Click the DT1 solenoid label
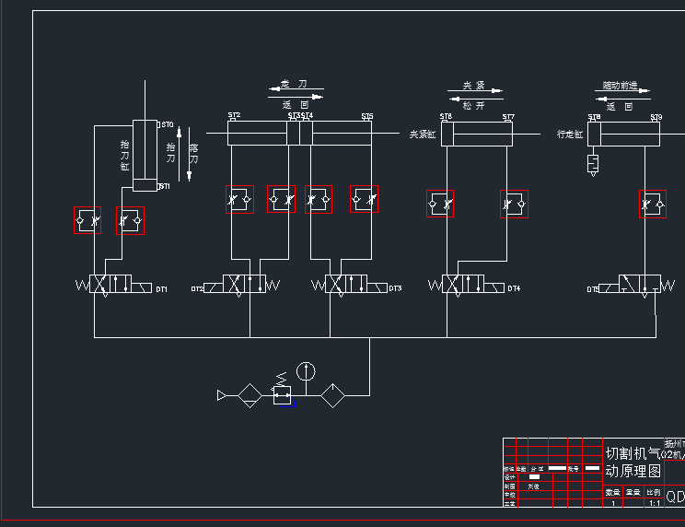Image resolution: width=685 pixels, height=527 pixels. coord(161,290)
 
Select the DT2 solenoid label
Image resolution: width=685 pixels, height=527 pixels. coord(197,289)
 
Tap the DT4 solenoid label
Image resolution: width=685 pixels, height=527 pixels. coord(514,289)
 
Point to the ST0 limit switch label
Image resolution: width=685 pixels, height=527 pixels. coord(167,124)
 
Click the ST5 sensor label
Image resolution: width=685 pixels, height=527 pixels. coord(366,116)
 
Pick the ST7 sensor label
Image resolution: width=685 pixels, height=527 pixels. coord(508,117)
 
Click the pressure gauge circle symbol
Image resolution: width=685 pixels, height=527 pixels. coord(307,371)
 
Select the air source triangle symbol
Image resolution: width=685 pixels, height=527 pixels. coord(222,396)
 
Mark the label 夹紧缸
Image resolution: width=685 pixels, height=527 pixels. coord(423,135)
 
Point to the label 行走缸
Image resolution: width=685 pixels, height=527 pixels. coord(570,135)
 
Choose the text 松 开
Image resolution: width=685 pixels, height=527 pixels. coord(473,106)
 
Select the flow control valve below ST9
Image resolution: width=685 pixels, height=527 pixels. coord(653,204)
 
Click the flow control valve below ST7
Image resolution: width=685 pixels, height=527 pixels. coord(514,204)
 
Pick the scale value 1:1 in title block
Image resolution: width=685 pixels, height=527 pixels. coord(655,503)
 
